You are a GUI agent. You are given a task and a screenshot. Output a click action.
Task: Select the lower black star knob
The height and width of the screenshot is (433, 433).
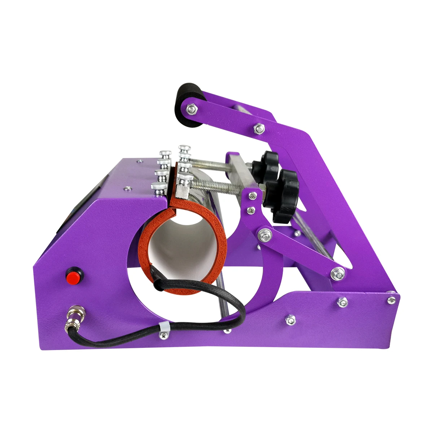[284, 195]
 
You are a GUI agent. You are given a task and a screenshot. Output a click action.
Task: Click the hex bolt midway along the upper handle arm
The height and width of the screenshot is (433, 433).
[258, 127]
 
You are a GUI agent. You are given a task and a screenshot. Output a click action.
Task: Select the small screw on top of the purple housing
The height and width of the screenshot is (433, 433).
[127, 188]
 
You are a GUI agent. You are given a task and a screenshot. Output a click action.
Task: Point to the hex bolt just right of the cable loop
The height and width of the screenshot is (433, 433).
[290, 319]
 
